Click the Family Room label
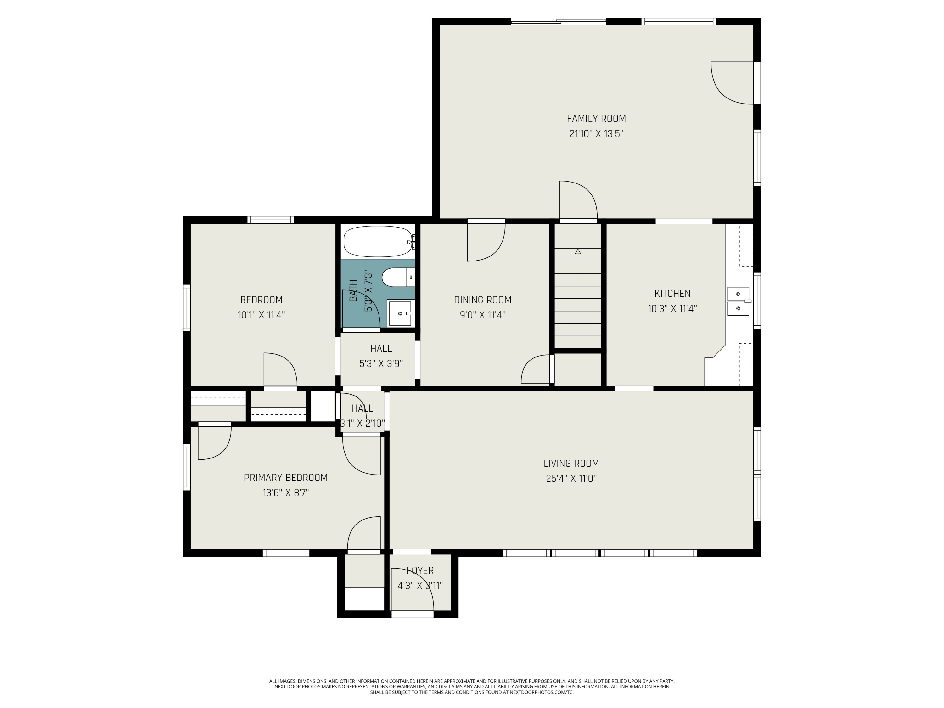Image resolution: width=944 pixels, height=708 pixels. pos(596,119)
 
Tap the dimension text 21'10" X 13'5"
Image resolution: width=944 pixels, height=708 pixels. pos(596,134)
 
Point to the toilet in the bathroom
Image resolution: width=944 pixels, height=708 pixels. pos(398,278)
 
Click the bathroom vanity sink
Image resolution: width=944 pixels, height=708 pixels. pos(400,313)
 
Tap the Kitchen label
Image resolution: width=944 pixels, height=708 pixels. pos(672,294)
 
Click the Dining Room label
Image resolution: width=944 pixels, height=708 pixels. pos(482,300)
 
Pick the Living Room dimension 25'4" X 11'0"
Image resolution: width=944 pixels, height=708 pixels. pos(571,478)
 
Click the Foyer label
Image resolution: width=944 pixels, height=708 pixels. pos(420,570)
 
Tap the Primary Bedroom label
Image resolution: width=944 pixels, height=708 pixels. pos(285,478)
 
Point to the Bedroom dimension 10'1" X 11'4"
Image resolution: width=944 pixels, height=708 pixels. pos(261,315)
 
